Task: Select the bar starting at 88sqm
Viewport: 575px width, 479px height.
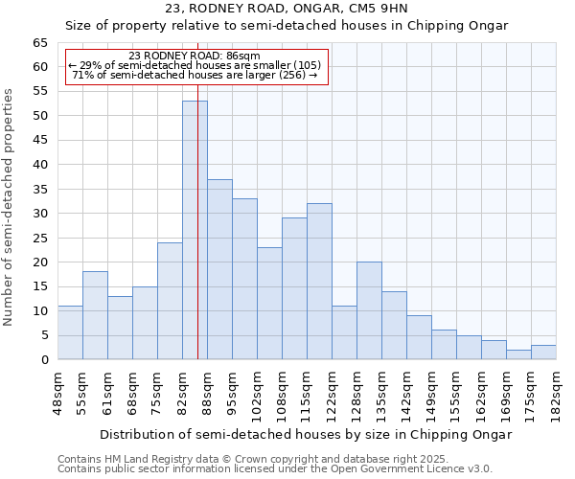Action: (219, 269)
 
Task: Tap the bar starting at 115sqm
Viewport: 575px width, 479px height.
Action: (319, 282)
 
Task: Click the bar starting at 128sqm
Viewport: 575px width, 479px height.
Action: (369, 310)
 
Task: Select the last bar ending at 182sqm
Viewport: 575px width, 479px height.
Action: (543, 353)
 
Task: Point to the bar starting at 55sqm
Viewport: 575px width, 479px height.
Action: (95, 315)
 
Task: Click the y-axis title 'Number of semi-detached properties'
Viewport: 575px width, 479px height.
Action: (10, 207)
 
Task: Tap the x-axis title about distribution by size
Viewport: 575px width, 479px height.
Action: (307, 434)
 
